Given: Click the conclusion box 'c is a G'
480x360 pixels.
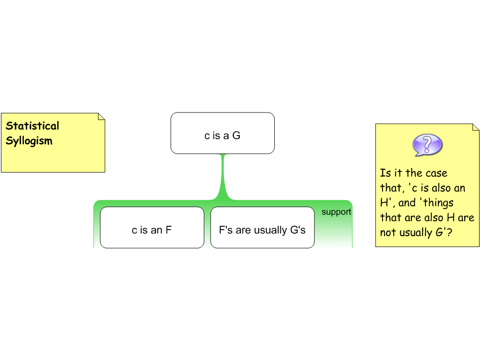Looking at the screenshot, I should coord(222,133).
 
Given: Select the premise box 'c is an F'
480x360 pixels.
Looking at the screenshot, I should coord(152,227).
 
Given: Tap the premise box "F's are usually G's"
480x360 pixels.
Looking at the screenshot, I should coord(262,227).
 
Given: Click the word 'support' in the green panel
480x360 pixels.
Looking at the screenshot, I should coord(336,212).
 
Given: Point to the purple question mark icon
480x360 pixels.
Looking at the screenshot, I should coord(427,145).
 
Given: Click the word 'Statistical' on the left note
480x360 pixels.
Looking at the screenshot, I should coord(32,126).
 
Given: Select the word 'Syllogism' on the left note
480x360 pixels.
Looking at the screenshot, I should coord(29,141).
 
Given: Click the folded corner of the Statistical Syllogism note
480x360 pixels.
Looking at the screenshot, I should coord(101,117).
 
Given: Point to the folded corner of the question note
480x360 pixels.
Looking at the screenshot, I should coord(475,127).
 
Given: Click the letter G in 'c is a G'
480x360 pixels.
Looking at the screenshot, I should coord(236,136).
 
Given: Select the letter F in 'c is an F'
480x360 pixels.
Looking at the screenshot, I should coord(168,230).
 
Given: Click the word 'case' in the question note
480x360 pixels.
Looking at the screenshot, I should coord(436,173).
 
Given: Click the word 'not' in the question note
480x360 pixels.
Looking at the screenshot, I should coord(388,232).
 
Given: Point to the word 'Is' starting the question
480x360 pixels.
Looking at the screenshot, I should coord(385,173).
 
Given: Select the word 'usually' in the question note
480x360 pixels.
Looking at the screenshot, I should coord(414,232).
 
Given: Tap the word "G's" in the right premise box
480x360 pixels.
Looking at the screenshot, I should coord(295,230).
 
